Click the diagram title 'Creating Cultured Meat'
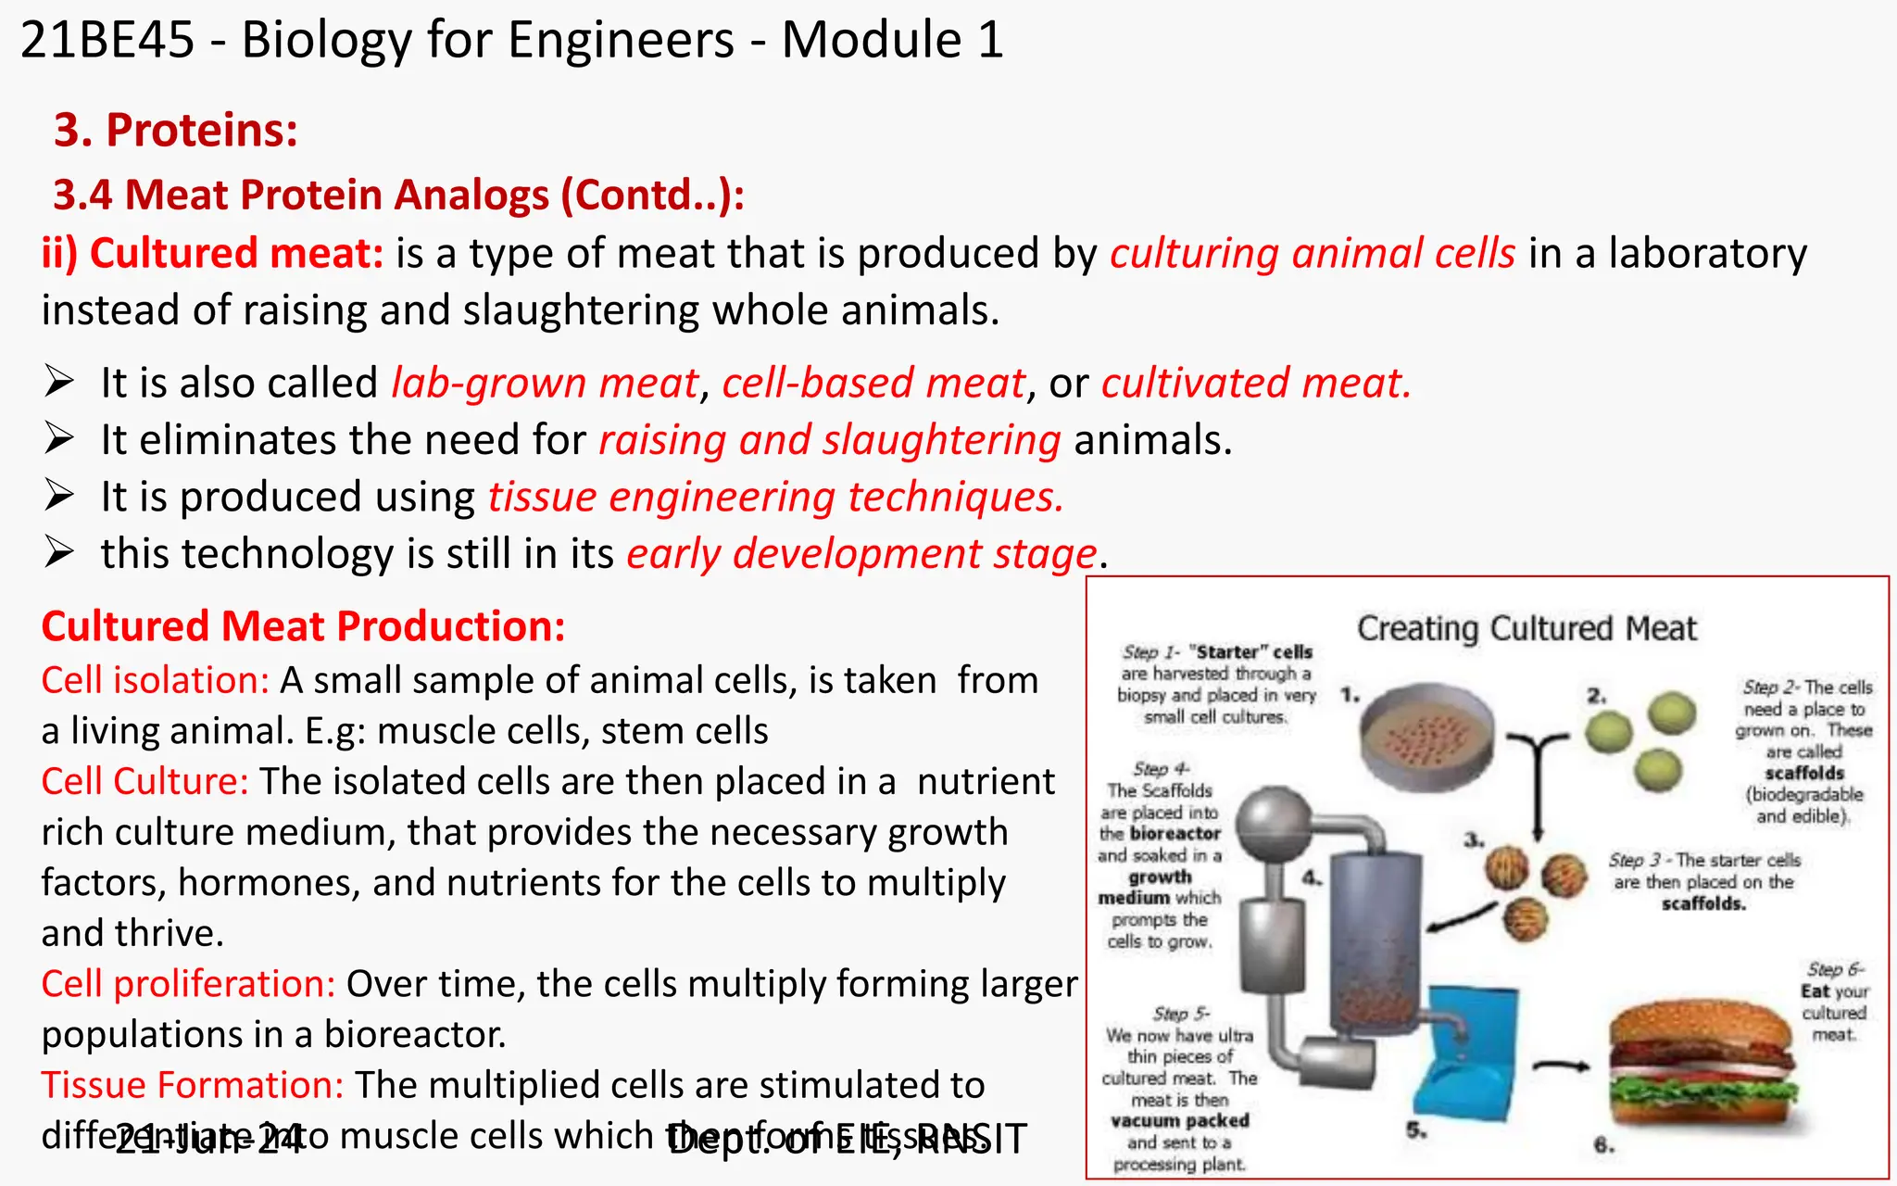[x=1526, y=628]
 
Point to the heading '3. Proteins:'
[x=176, y=130]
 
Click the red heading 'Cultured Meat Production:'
[x=303, y=626]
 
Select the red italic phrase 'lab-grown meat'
[x=545, y=383]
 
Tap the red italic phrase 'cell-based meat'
[x=874, y=383]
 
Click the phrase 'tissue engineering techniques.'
[x=776, y=497]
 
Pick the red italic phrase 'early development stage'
[x=862, y=554]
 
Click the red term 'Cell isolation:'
[x=155, y=680]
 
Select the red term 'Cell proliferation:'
[x=188, y=984]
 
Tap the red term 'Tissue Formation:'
[x=192, y=1085]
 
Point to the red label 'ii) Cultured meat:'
[x=212, y=253]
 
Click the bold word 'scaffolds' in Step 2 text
[x=1803, y=773]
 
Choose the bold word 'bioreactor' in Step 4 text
[x=1175, y=833]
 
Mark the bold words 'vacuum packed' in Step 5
[x=1180, y=1120]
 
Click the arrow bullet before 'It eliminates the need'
[x=59, y=439]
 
